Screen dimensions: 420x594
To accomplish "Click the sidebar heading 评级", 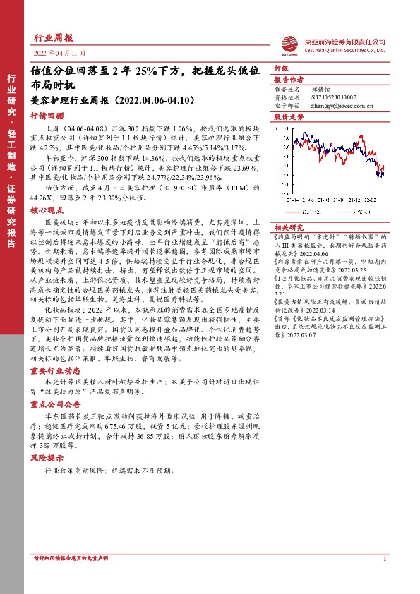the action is point(281,69).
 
